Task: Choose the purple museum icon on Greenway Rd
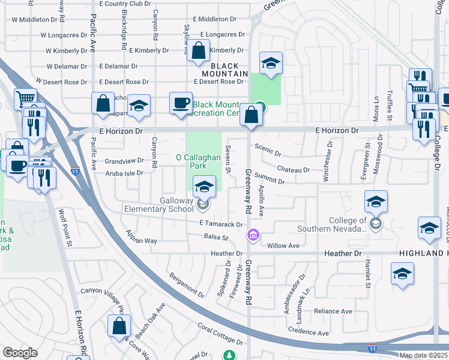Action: (x=253, y=235)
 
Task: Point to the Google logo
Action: (x=20, y=353)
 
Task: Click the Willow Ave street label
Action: (x=283, y=245)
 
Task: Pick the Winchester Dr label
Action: (x=328, y=160)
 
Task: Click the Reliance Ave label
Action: (x=333, y=311)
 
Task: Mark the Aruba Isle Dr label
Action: (x=124, y=173)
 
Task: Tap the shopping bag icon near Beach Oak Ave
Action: (x=119, y=326)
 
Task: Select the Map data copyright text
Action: (x=424, y=355)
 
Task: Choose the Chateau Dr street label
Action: (x=294, y=170)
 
